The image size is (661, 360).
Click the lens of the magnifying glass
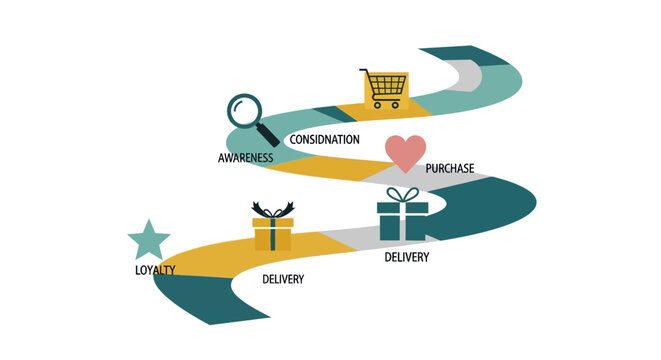[x=243, y=109]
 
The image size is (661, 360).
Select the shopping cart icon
[x=384, y=89]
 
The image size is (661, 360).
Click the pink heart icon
[x=405, y=153]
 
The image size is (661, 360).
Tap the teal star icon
[x=149, y=241]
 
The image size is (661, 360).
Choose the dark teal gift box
[x=402, y=221]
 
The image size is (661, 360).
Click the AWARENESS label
[x=247, y=158]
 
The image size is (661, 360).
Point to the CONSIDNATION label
[x=324, y=139]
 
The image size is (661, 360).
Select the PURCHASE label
[x=450, y=168]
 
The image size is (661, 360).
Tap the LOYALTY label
[x=155, y=270]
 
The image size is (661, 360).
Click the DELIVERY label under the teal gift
[x=407, y=258]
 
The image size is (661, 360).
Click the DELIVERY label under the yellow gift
[x=283, y=279]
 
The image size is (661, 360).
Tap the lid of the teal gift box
[x=402, y=207]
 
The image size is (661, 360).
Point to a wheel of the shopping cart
[x=377, y=105]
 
